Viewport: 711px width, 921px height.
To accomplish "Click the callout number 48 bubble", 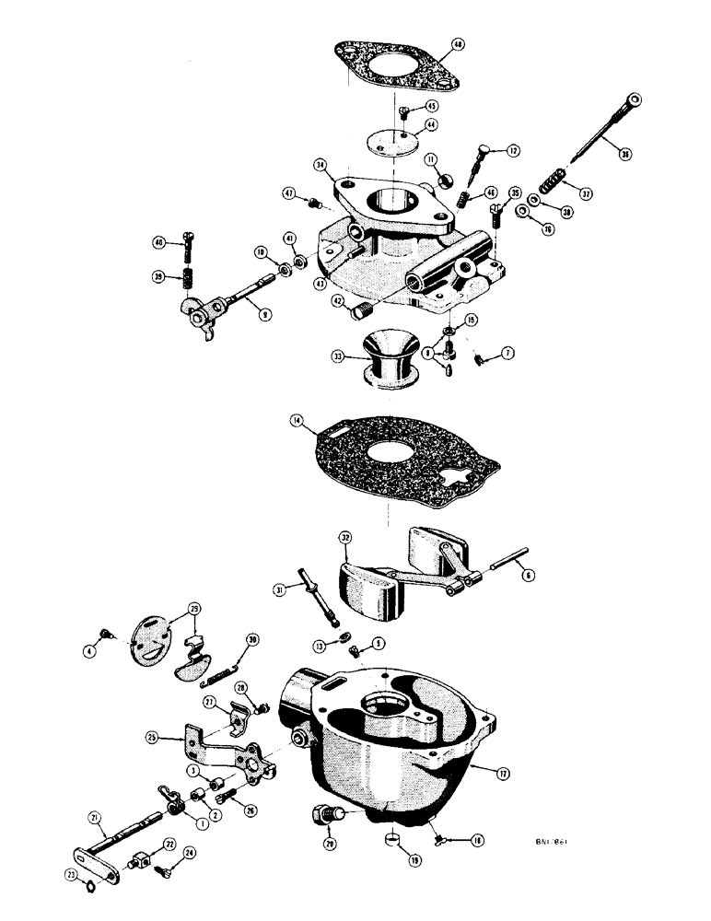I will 458,44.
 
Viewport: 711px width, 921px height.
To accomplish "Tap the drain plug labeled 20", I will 327,814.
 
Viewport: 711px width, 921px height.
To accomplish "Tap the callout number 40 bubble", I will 160,243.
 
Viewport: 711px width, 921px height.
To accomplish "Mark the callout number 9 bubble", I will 265,314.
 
